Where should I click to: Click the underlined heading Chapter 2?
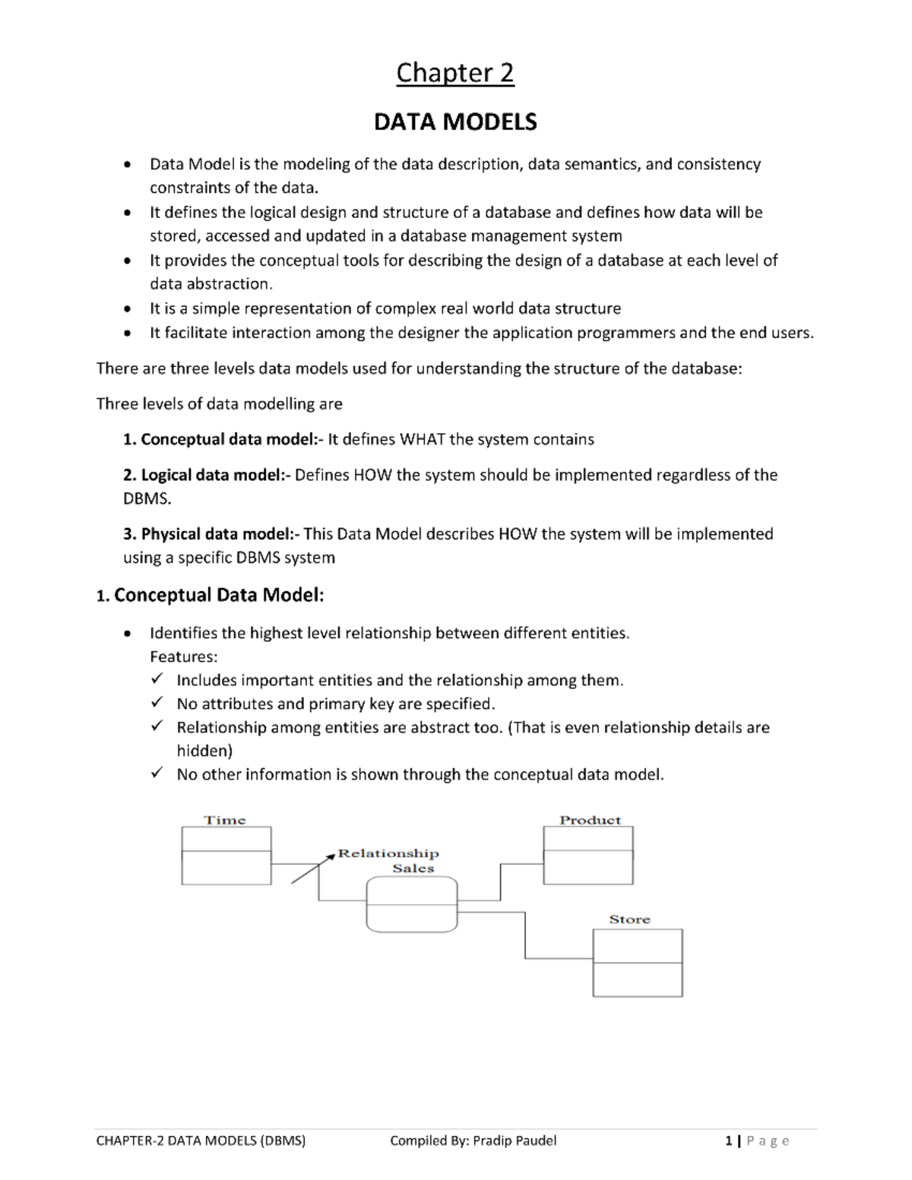point(455,73)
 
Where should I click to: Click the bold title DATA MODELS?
point(455,122)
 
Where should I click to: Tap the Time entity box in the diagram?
point(226,856)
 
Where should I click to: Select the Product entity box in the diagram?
point(588,856)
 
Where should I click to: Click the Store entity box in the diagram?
point(637,963)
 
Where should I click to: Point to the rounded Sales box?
point(412,904)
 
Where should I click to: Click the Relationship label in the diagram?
point(388,853)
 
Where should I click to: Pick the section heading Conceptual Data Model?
point(218,595)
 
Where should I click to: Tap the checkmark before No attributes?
point(157,704)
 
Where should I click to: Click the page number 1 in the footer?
point(729,1140)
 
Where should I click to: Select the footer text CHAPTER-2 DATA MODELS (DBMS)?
point(201,1140)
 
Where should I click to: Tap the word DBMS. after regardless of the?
point(147,499)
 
